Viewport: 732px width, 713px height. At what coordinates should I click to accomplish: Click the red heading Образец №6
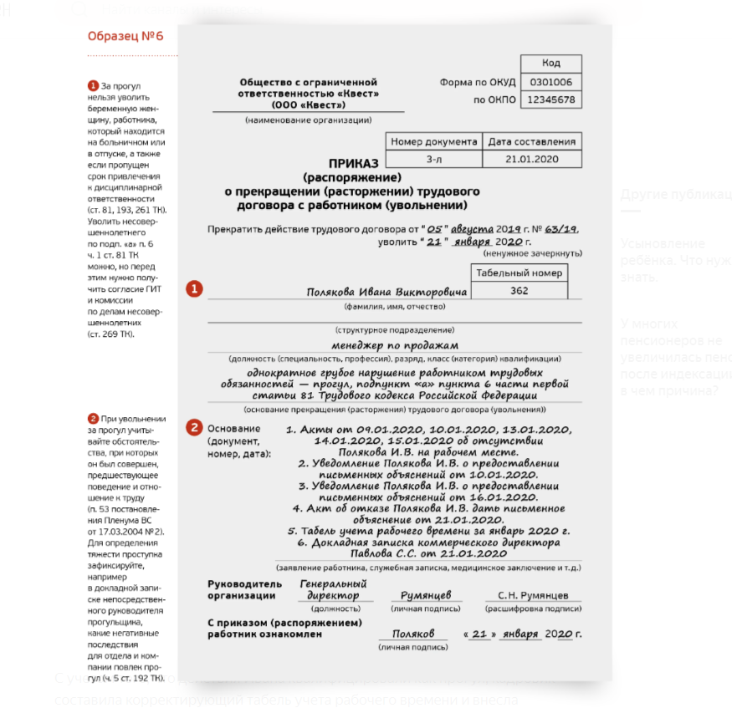125,36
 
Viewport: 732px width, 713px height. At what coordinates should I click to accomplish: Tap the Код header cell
550,64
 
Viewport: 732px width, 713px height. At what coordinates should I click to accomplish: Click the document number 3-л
433,159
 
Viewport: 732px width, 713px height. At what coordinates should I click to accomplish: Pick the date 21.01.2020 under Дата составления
531,159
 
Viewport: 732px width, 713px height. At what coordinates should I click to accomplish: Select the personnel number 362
520,291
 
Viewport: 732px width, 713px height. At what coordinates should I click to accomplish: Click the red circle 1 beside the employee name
193,289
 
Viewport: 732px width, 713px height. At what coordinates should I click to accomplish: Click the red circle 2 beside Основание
193,428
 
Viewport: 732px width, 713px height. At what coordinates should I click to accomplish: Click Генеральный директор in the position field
333,589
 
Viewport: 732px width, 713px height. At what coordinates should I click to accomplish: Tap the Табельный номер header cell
520,272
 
